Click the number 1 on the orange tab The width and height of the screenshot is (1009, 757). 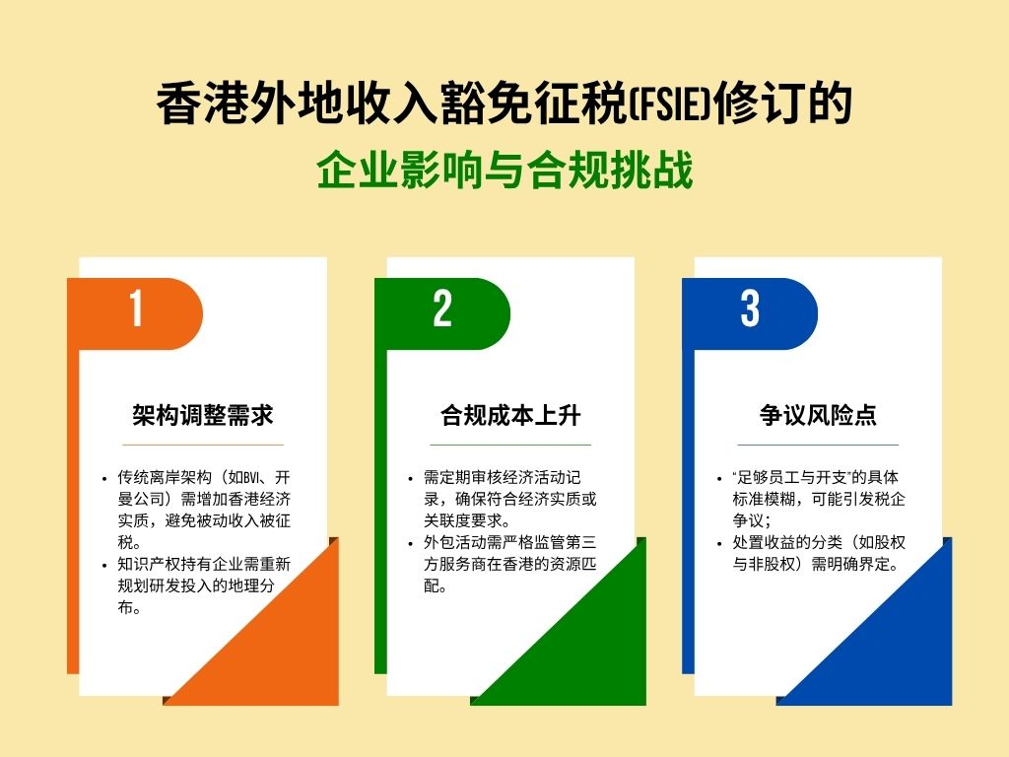click(x=136, y=310)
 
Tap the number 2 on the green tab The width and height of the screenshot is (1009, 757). click(x=442, y=310)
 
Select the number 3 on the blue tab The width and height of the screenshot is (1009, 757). click(x=750, y=310)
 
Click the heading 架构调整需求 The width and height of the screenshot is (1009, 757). click(x=202, y=415)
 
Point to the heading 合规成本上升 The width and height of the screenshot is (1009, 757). click(x=509, y=415)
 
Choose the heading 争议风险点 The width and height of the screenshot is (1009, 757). click(x=818, y=415)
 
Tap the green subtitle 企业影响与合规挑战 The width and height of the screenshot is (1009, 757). click(x=504, y=170)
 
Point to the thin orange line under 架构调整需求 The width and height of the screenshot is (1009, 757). click(x=202, y=445)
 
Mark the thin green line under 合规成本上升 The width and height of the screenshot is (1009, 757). click(x=509, y=445)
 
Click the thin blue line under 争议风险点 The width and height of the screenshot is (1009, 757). click(x=818, y=445)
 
